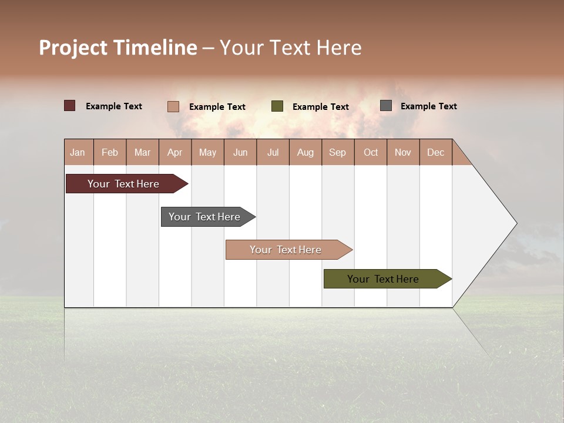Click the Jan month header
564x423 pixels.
(x=78, y=152)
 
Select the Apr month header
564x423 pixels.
(x=175, y=152)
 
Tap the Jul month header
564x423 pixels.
(x=273, y=152)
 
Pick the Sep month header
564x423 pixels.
(x=338, y=152)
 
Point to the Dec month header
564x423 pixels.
(x=435, y=152)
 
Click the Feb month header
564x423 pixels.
(x=110, y=152)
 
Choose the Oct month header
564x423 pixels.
(x=371, y=152)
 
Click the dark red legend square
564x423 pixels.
(x=70, y=106)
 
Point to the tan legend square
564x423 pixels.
(x=173, y=106)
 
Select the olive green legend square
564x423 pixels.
(x=277, y=106)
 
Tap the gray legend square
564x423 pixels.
(x=386, y=106)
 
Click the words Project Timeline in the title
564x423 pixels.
(x=117, y=48)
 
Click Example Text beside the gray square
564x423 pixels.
(x=428, y=106)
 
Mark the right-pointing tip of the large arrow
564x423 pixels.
(x=515, y=223)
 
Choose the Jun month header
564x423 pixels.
(x=240, y=152)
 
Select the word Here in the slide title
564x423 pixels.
(x=339, y=48)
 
